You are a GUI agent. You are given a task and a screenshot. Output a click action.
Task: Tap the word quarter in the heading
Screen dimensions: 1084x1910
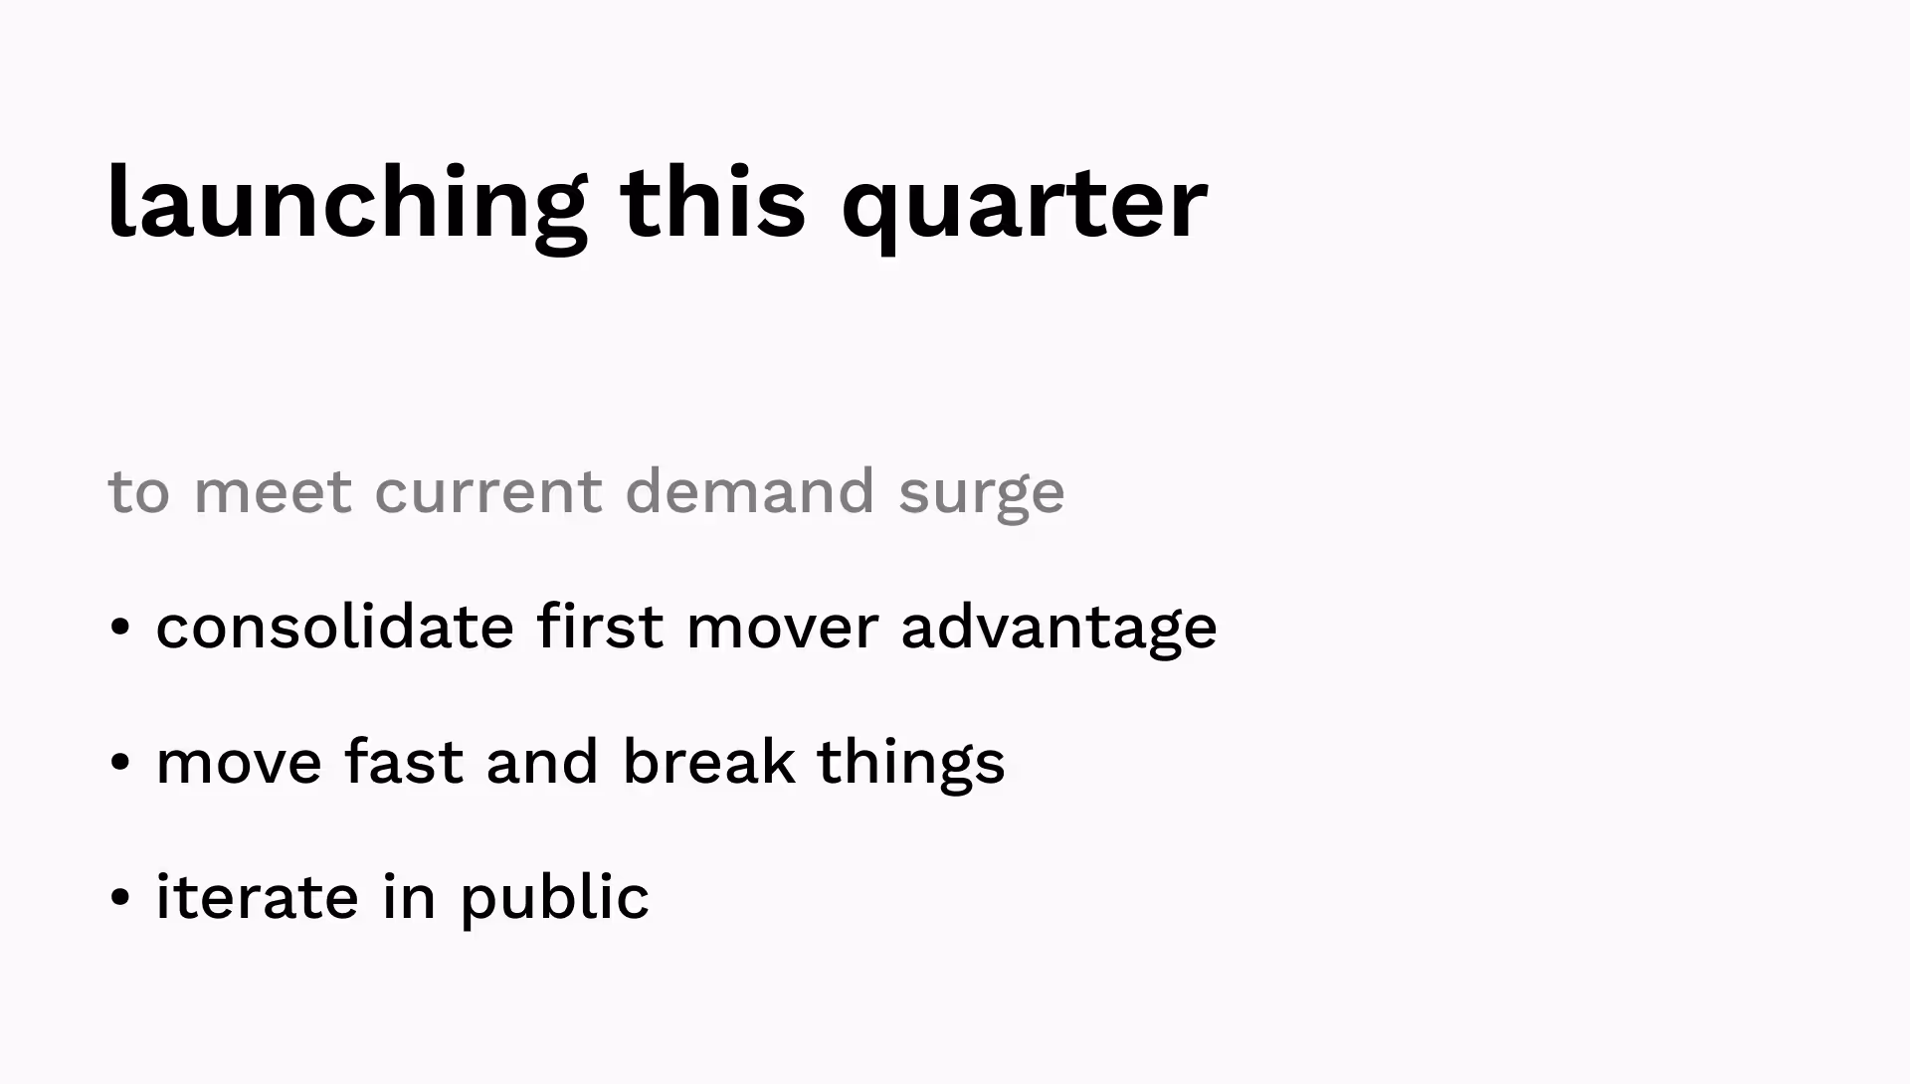point(1024,204)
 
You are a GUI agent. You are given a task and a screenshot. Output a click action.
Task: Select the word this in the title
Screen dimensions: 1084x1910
point(712,204)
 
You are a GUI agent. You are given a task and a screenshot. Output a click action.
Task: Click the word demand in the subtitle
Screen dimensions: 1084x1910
point(749,491)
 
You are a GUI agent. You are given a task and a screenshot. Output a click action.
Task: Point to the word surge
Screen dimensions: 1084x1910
point(981,493)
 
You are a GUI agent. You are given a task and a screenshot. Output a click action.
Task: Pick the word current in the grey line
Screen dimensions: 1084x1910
point(487,491)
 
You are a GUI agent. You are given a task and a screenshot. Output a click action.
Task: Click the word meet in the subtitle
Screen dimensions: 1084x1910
point(273,491)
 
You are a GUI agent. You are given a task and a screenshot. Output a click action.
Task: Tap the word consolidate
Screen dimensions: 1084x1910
point(334,627)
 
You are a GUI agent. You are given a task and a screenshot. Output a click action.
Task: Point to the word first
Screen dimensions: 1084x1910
point(600,627)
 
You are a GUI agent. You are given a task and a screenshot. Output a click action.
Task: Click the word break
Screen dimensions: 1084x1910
point(708,762)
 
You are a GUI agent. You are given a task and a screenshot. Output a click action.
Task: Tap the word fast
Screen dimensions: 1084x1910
point(404,762)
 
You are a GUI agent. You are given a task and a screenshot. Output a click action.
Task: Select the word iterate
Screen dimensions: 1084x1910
point(257,897)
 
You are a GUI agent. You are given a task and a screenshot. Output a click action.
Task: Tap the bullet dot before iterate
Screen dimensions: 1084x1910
point(120,898)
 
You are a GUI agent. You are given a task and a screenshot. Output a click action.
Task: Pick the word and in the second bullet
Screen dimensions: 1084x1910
point(542,762)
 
